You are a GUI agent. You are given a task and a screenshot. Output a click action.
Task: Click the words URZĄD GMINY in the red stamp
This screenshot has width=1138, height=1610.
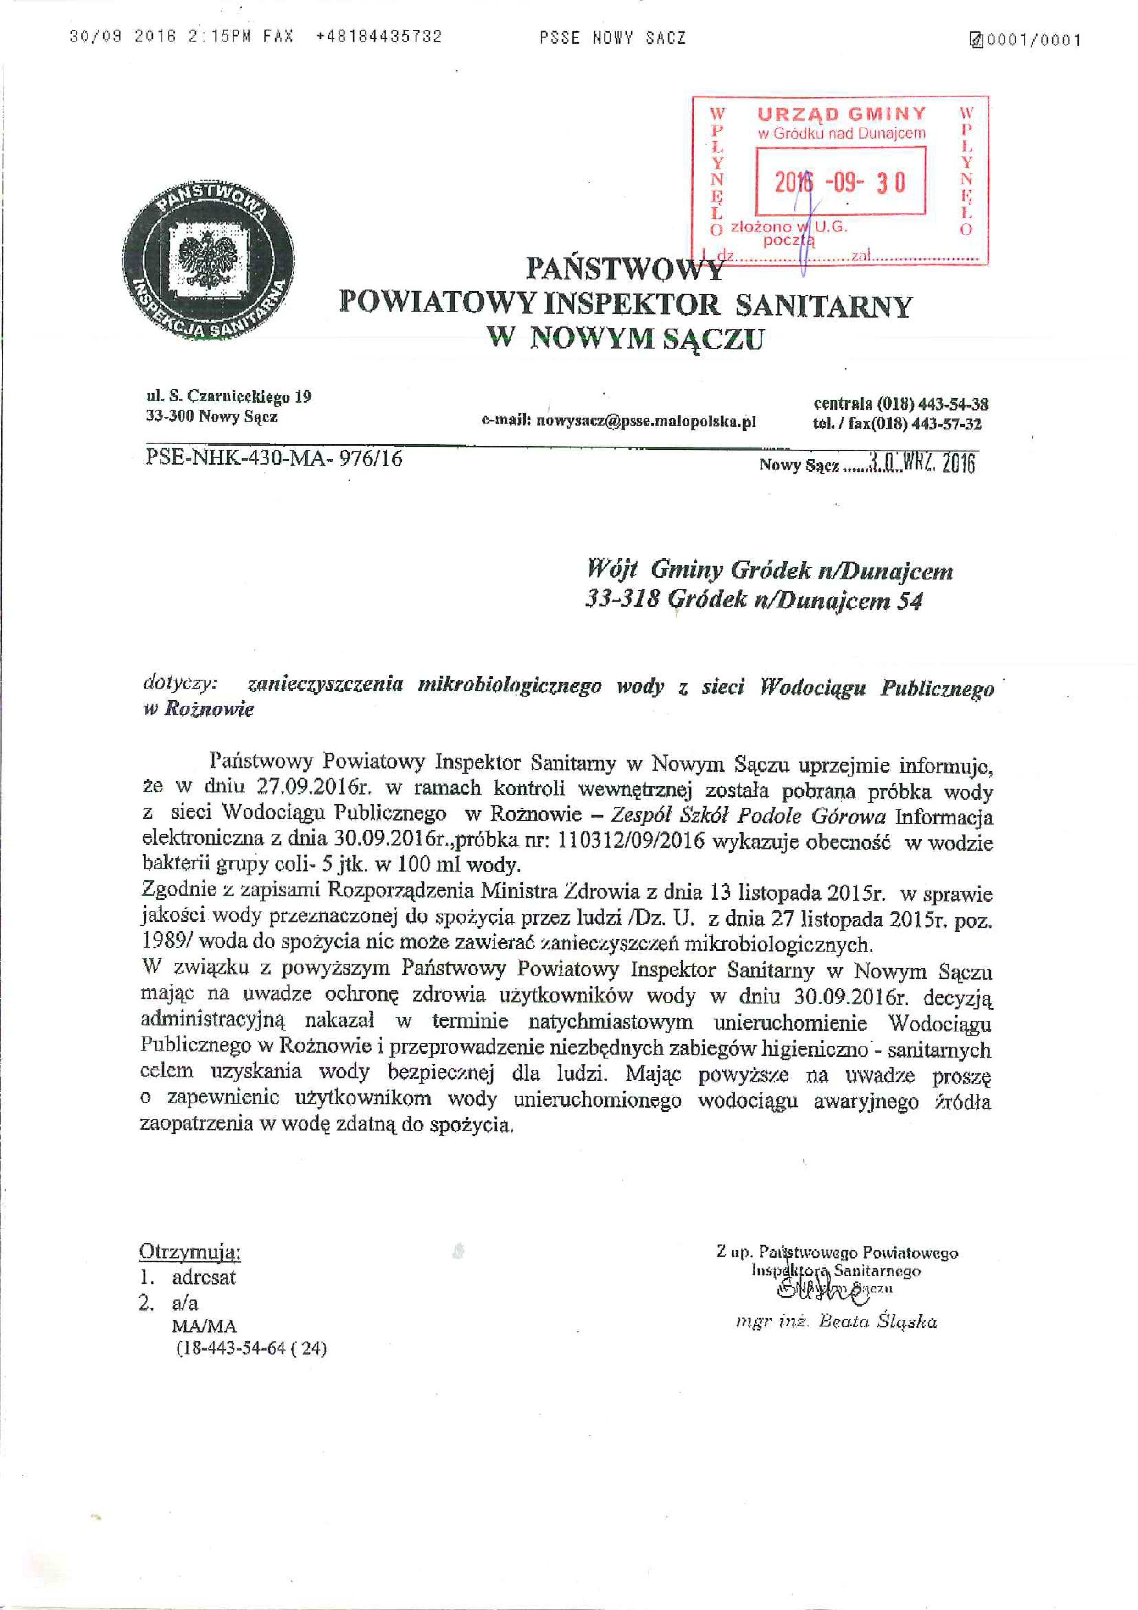841,114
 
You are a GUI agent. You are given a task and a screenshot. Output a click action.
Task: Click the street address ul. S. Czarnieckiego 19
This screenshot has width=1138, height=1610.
228,397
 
